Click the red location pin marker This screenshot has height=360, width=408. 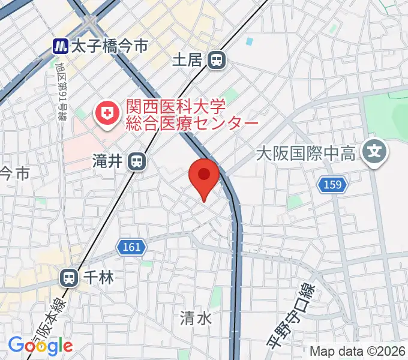[203, 176]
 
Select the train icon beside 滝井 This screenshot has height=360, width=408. [138, 161]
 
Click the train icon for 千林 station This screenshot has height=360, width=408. [70, 277]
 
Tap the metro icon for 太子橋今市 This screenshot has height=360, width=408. [60, 46]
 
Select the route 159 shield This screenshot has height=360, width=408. [334, 184]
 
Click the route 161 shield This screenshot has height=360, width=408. [130, 247]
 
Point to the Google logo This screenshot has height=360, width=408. [40, 346]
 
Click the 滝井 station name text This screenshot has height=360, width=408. [107, 161]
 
